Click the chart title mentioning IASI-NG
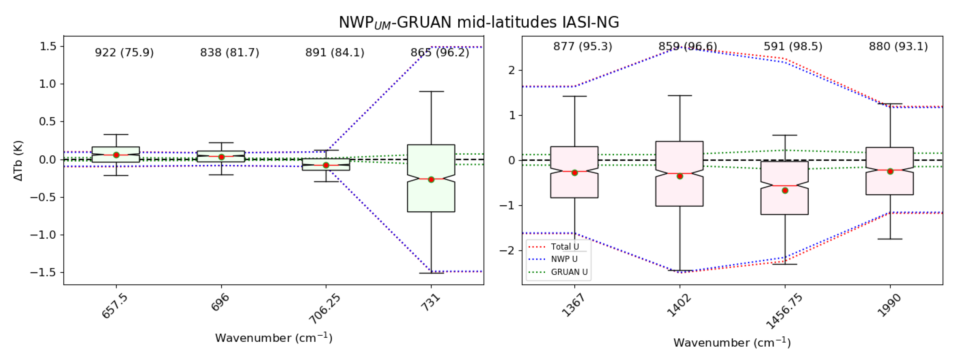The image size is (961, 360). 479,22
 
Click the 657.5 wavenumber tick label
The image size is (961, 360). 115,306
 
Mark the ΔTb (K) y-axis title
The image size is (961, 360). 18,161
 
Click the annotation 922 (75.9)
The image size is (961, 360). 124,53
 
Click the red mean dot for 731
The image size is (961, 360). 431,179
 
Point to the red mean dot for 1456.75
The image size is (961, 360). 785,190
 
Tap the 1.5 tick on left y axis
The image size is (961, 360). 48,46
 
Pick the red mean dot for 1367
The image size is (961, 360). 574,173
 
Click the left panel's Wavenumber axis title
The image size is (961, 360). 273,338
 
